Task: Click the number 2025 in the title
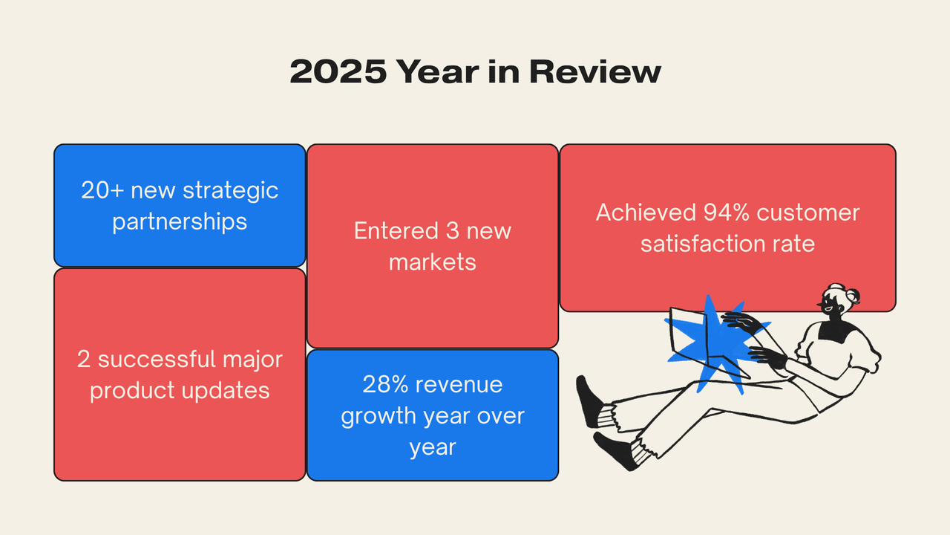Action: [337, 73]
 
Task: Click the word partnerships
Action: [180, 221]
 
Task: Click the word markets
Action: [433, 262]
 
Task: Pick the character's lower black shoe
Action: [612, 449]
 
